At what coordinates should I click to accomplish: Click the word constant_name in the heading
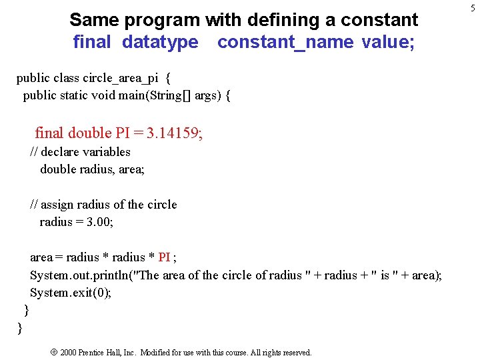coord(285,42)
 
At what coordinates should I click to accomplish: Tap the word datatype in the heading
coord(160,42)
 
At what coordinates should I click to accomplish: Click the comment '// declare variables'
coord(81,152)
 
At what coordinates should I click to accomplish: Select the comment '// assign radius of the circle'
coord(103,205)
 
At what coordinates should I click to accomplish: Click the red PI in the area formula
coord(164,257)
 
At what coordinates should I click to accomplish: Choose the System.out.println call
coord(80,275)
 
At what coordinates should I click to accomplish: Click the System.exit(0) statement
coord(71,293)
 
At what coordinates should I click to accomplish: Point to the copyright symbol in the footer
coord(53,352)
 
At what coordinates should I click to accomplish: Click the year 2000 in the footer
coord(68,353)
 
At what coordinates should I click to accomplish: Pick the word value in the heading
coord(388,42)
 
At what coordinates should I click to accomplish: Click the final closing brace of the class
coord(19,327)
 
